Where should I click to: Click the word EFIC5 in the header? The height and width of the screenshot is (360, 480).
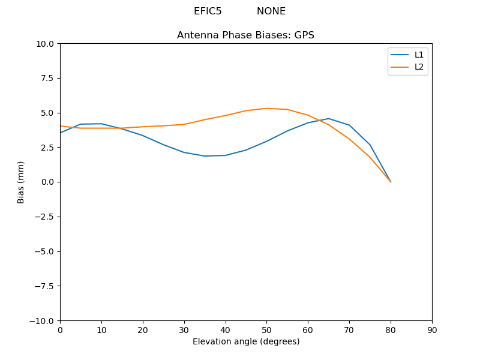pyautogui.click(x=208, y=11)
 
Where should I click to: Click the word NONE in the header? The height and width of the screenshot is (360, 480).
pyautogui.click(x=271, y=11)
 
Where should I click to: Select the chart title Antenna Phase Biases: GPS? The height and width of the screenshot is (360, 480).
pyautogui.click(x=245, y=35)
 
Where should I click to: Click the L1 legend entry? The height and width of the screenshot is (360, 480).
pyautogui.click(x=419, y=55)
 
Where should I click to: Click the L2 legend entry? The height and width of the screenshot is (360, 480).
pyautogui.click(x=419, y=67)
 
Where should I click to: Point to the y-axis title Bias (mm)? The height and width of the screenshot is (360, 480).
pyautogui.click(x=21, y=182)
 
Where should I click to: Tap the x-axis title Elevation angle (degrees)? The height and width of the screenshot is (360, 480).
pyautogui.click(x=246, y=341)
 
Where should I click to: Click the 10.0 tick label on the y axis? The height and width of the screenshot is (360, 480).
pyautogui.click(x=46, y=44)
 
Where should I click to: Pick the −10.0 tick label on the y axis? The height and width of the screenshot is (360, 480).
pyautogui.click(x=43, y=320)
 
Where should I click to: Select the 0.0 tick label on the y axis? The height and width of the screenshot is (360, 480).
pyautogui.click(x=48, y=182)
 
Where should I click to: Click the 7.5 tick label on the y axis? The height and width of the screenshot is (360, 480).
pyautogui.click(x=48, y=78)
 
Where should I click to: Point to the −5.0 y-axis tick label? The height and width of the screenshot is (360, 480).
pyautogui.click(x=45, y=251)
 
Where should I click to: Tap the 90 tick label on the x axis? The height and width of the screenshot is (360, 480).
pyautogui.click(x=432, y=330)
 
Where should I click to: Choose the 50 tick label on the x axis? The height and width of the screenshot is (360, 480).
pyautogui.click(x=266, y=330)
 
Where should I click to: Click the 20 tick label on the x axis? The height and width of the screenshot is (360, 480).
pyautogui.click(x=143, y=330)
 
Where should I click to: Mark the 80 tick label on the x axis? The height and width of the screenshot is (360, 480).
pyautogui.click(x=391, y=330)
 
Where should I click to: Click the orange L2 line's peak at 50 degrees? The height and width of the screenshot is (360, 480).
pyautogui.click(x=266, y=109)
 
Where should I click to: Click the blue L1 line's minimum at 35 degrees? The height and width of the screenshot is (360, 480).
pyautogui.click(x=205, y=156)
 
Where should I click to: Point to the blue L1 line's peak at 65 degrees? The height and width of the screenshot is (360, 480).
pyautogui.click(x=329, y=119)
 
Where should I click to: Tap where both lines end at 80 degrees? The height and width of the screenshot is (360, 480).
pyautogui.click(x=391, y=182)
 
